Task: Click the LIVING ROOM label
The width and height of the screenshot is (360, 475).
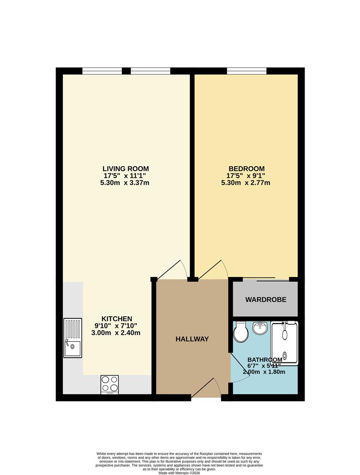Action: (x=125, y=168)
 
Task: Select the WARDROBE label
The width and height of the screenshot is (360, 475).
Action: (x=266, y=300)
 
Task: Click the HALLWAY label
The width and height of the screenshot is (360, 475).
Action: (x=192, y=339)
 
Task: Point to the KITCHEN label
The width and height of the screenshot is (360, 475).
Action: (x=117, y=318)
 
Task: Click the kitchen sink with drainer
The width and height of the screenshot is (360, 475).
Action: (x=73, y=338)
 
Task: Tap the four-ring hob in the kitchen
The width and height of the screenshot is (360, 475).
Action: (x=110, y=384)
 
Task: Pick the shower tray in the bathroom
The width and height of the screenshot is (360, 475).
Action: (x=284, y=343)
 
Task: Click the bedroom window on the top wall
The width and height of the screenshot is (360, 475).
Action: (x=246, y=71)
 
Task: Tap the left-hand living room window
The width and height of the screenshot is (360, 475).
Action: (x=102, y=71)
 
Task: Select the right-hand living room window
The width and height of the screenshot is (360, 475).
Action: (x=151, y=71)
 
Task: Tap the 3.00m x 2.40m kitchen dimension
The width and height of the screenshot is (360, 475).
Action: (x=116, y=333)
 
